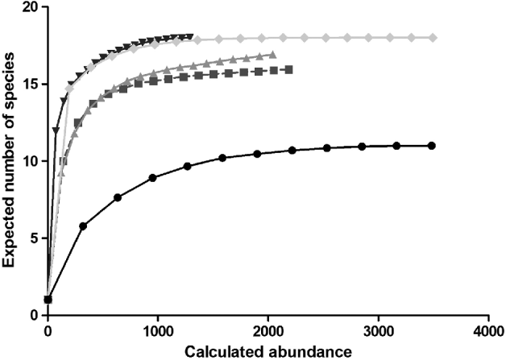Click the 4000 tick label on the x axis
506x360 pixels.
[487, 331]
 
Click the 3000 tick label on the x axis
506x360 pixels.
[378, 331]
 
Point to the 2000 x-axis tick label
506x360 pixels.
[268, 331]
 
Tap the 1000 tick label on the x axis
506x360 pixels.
[158, 331]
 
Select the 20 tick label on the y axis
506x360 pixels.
[31, 8]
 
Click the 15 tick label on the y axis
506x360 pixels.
[31, 85]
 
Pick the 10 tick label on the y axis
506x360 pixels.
[31, 161]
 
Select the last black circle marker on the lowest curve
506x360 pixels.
[432, 146]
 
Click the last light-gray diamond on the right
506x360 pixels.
[433, 38]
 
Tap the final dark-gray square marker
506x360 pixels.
[288, 70]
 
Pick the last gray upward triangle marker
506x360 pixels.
[273, 55]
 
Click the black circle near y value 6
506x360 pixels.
[83, 226]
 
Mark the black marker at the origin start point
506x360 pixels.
[48, 300]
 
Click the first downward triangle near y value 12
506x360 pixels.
[56, 130]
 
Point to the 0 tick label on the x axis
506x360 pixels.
[48, 331]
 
